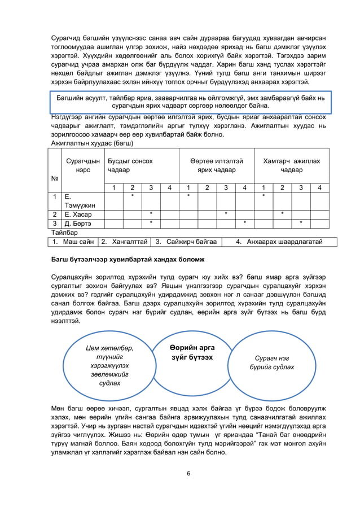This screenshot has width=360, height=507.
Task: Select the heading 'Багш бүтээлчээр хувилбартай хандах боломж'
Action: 128,259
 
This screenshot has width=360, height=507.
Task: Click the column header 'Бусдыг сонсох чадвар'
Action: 130,165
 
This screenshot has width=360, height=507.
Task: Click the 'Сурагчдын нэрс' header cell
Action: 83,165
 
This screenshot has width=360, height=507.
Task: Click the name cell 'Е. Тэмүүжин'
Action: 80,201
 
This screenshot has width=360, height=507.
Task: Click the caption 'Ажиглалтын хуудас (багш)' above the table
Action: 91,143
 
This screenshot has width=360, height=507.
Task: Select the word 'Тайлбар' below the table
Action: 64,233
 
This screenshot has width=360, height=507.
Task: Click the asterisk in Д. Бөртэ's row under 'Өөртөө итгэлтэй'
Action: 244,224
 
